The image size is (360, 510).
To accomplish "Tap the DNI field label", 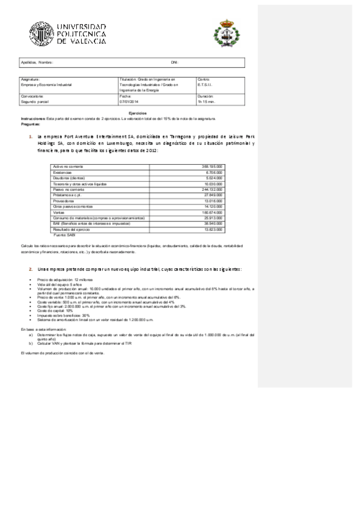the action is click(174, 63).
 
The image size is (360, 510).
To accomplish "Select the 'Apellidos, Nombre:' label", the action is click(37, 63).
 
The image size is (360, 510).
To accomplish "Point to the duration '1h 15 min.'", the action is click(206, 102).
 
